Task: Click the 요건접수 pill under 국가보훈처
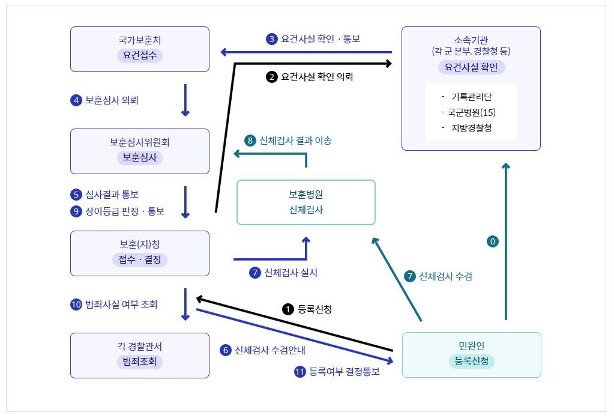(140, 56)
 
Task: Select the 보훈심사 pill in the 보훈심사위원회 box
(140, 157)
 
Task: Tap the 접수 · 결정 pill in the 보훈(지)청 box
(140, 259)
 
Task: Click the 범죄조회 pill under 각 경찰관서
(140, 362)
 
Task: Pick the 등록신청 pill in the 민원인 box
(471, 362)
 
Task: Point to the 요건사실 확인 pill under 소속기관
(471, 67)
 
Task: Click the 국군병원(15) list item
(471, 112)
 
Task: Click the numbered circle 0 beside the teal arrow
(493, 241)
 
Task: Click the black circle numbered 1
(288, 309)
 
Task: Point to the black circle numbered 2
(272, 77)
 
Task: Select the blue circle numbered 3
(272, 39)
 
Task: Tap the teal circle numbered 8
(250, 141)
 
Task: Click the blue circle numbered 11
(300, 372)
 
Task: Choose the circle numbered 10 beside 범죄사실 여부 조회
(76, 304)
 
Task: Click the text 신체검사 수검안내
(270, 350)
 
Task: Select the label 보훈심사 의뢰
(112, 100)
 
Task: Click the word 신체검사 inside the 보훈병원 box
(306, 210)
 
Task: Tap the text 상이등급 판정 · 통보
(125, 211)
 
